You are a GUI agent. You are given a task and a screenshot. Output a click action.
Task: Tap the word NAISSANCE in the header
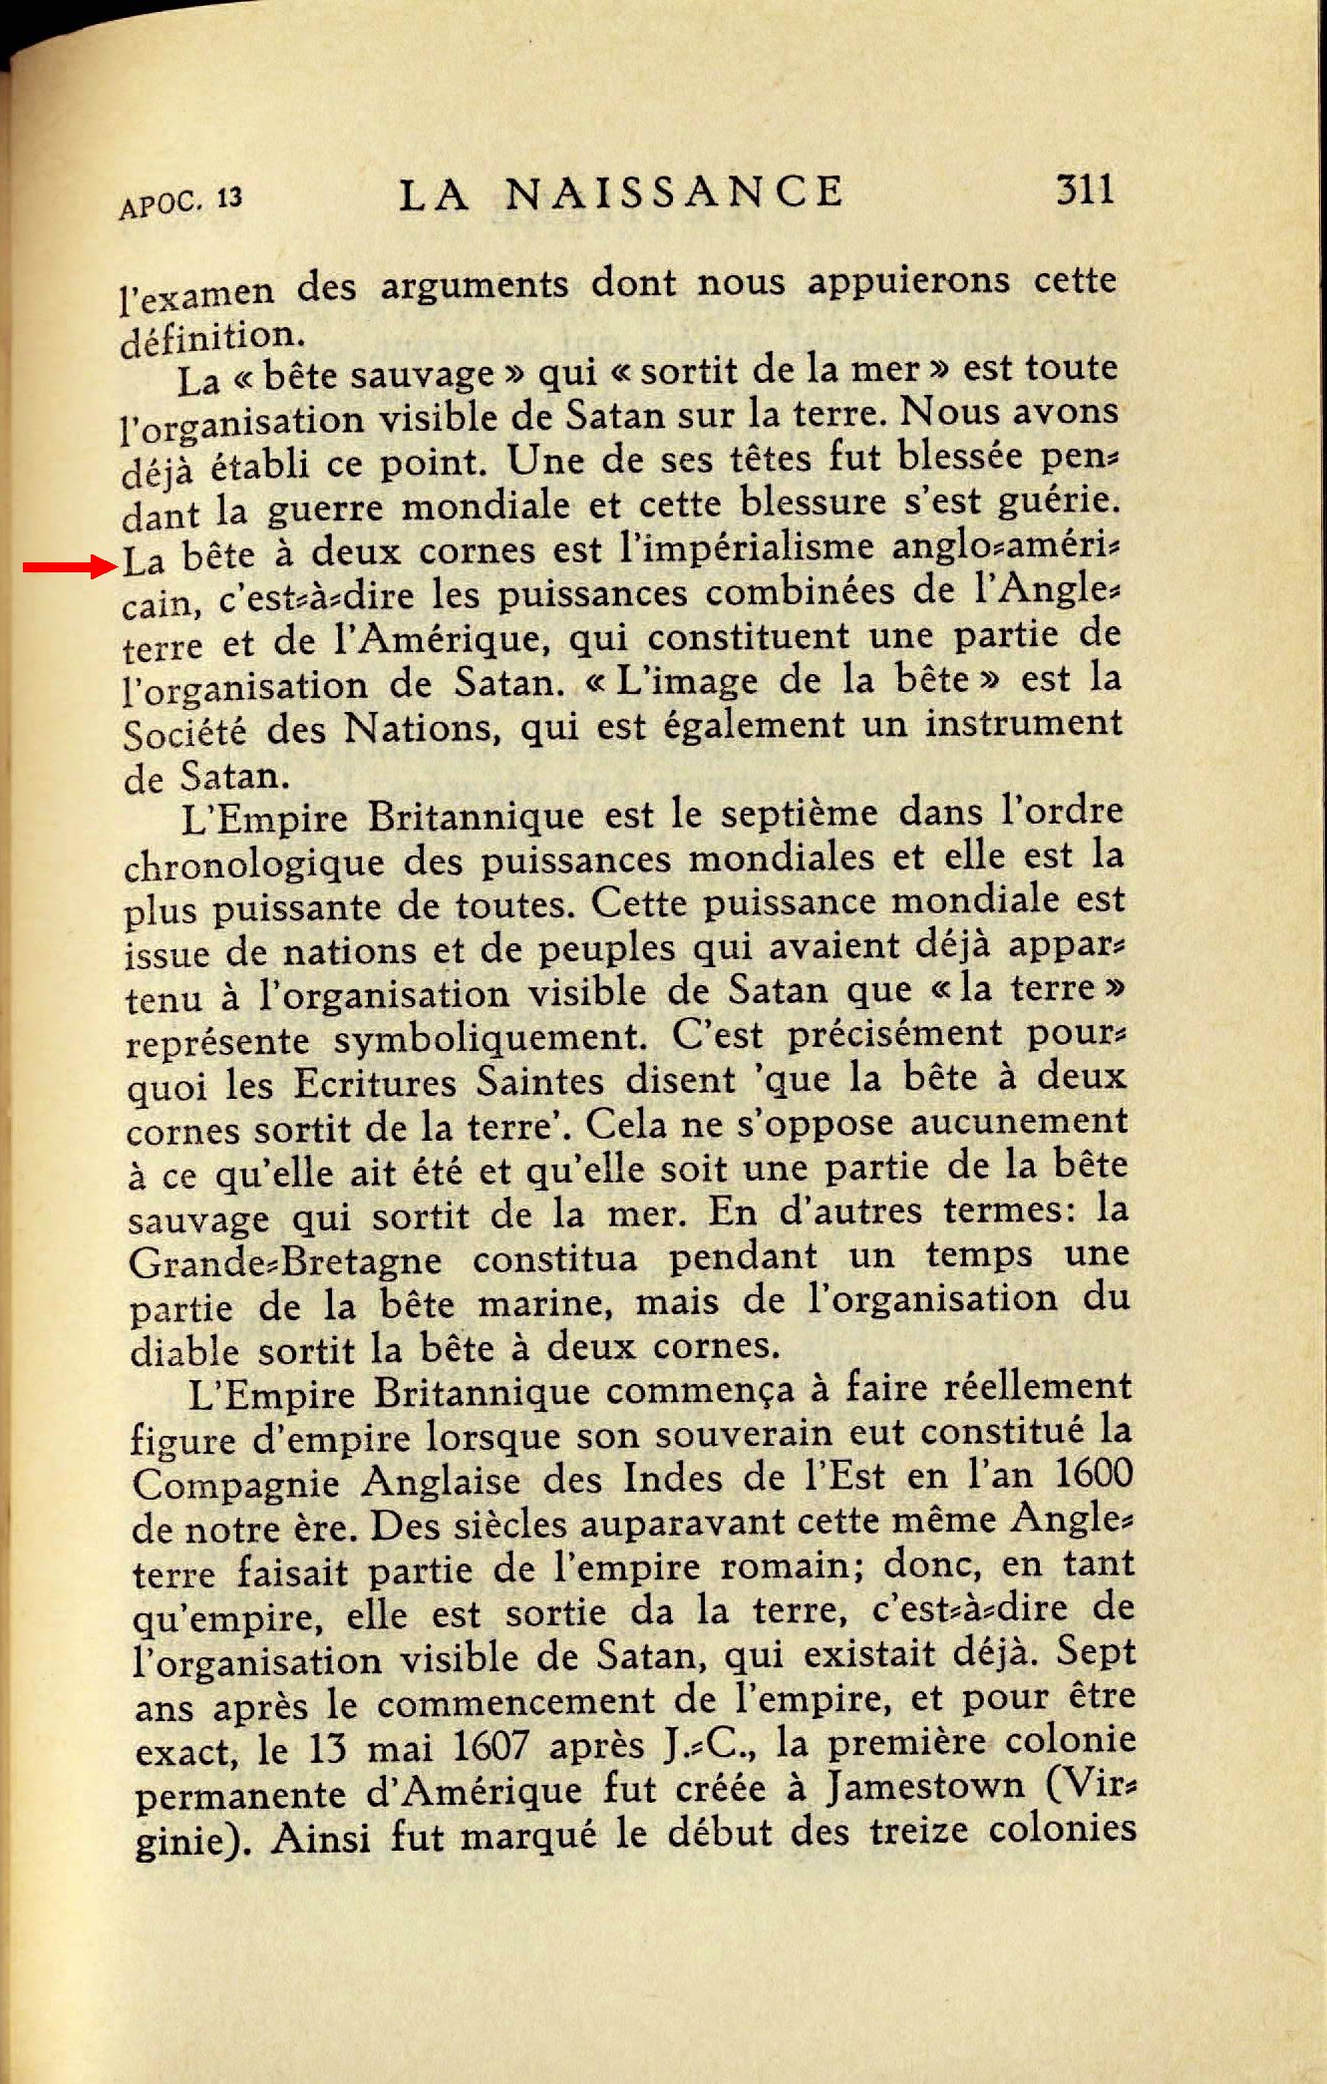[x=674, y=191]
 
